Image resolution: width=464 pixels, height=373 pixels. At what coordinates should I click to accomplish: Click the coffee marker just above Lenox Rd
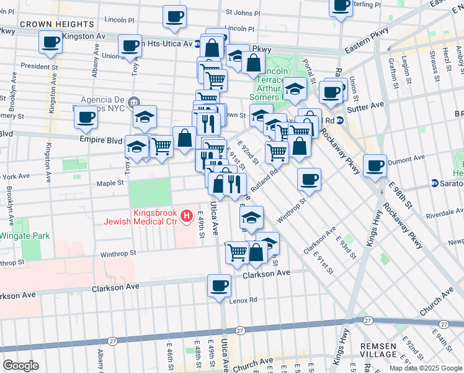220,286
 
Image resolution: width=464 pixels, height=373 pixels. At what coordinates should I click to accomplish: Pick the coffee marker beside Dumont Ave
375,166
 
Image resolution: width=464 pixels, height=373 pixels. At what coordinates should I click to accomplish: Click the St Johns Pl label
242,11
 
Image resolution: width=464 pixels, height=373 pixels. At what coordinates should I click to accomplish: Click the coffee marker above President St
50,42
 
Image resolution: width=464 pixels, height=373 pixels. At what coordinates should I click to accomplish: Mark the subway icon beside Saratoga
435,183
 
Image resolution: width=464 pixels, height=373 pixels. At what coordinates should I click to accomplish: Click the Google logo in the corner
20,366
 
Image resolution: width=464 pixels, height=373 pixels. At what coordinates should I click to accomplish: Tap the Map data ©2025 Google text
425,368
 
